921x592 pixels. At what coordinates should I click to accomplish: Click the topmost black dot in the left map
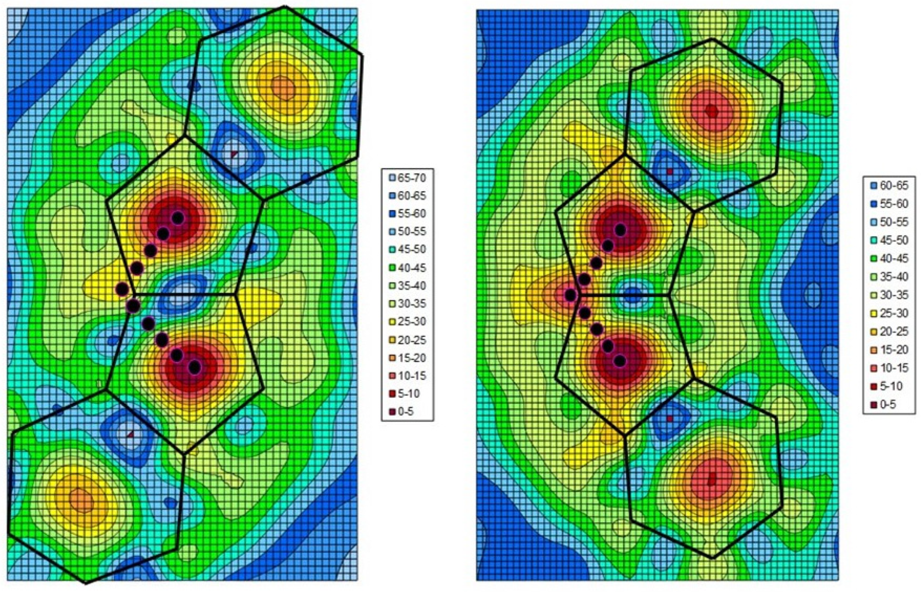pos(177,218)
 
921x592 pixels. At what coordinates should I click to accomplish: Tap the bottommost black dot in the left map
pos(195,367)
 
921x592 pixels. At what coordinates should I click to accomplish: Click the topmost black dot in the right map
pos(620,230)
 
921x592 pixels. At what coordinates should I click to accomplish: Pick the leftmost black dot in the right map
pos(571,295)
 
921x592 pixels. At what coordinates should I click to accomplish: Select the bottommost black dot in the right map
pos(620,361)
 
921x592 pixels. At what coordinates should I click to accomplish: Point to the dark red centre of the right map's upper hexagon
pos(712,111)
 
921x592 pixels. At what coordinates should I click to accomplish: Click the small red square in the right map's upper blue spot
pos(670,171)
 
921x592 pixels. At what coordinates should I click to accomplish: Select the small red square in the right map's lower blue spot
pos(670,419)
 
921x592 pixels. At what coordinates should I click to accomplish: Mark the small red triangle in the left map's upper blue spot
pos(234,154)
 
